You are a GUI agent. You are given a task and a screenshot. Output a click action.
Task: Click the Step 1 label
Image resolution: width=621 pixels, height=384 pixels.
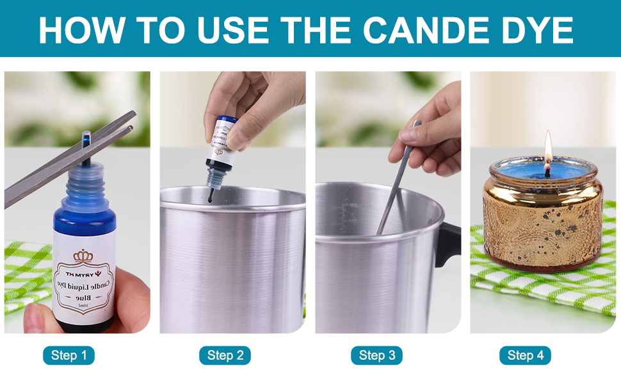(x=69, y=356)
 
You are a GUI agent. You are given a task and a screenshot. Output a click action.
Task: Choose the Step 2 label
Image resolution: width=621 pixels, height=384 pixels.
(x=225, y=356)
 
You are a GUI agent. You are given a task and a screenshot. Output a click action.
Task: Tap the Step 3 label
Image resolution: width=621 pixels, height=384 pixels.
(x=376, y=356)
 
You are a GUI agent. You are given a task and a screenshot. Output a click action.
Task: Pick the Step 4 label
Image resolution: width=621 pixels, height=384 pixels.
(x=525, y=356)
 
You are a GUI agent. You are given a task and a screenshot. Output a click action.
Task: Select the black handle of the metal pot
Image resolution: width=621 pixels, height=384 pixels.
(x=448, y=243)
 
